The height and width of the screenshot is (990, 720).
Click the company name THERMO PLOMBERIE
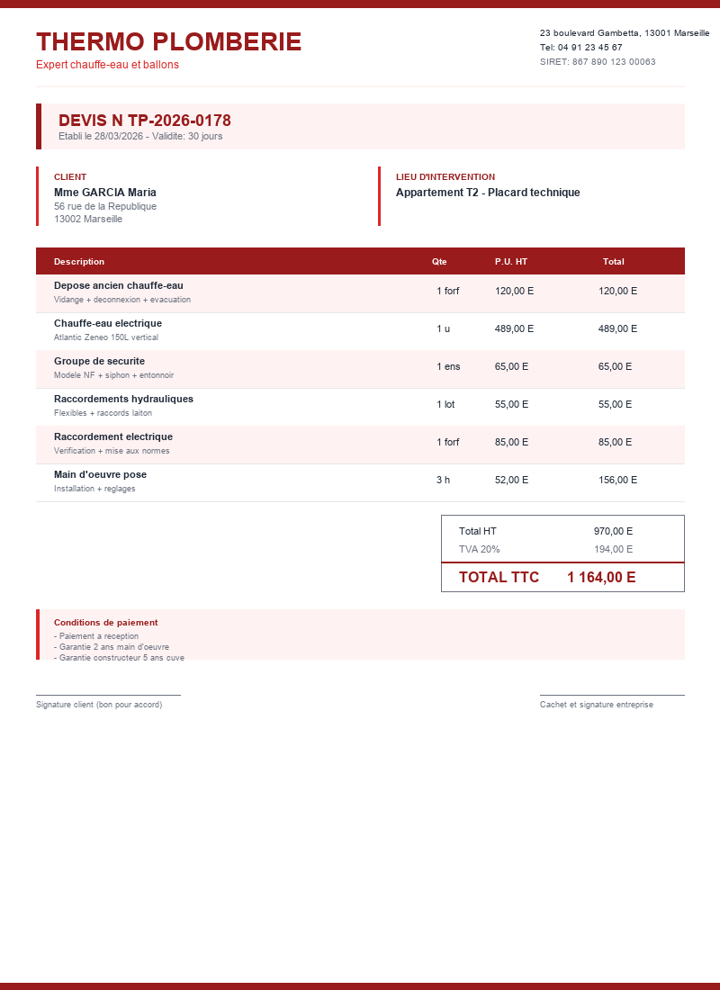168,41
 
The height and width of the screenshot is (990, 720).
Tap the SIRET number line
598,62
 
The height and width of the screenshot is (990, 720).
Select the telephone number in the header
580,48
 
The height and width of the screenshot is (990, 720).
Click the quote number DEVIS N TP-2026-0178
145,121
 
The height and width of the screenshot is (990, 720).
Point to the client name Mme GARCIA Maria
105,193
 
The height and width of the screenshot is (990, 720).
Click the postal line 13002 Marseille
88,219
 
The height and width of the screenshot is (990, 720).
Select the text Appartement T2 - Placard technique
488,193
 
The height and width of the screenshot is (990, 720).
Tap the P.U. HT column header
511,262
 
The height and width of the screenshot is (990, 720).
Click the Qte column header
439,262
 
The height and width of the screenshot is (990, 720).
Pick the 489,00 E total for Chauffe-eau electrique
617,328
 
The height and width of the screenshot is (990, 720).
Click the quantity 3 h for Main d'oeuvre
443,480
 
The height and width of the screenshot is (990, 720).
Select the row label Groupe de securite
99,361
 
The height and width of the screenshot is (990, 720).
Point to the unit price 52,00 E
511,480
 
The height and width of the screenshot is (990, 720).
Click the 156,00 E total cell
617,480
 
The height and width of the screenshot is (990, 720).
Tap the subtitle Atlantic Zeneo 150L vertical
106,337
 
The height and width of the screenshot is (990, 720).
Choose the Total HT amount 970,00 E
613,531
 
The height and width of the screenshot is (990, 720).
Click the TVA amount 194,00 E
613,549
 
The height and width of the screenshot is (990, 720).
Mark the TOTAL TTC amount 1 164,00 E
601,578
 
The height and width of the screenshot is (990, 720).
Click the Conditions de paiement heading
106,623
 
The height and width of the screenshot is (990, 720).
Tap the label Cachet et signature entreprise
597,705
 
